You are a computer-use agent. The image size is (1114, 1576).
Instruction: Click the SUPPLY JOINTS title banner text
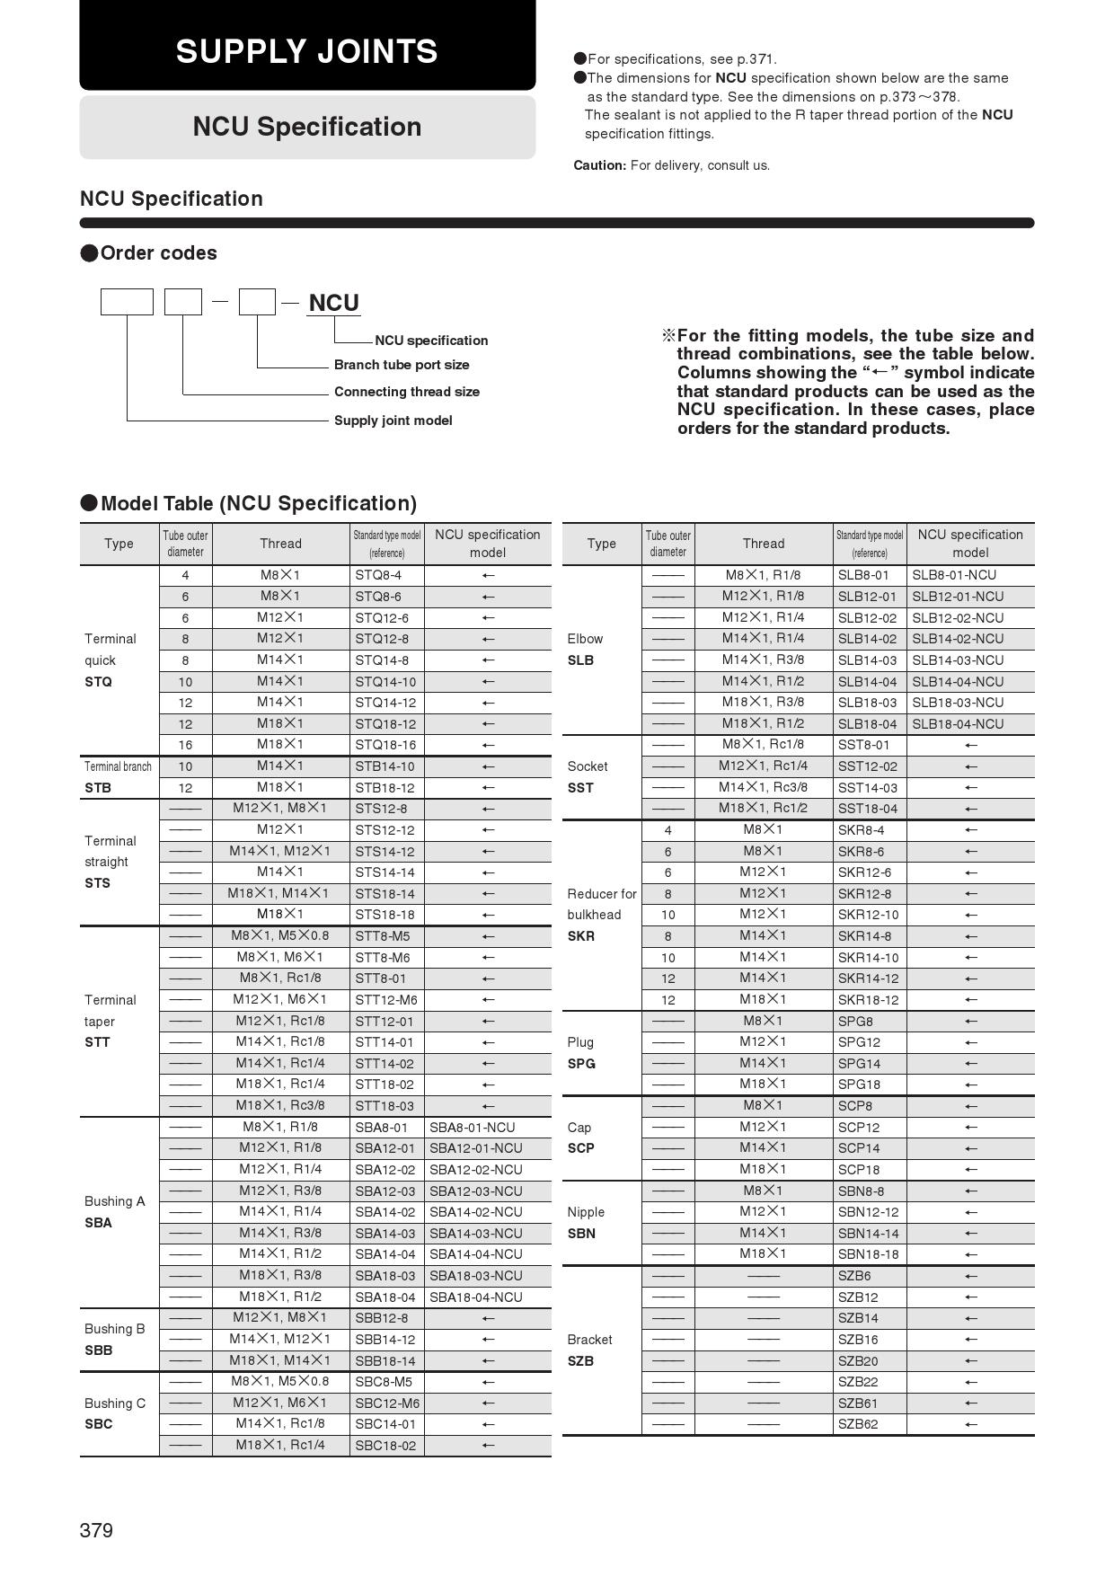point(306,51)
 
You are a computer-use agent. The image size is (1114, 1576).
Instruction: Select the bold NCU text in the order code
point(333,304)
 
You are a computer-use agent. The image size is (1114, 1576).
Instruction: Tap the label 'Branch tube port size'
point(402,365)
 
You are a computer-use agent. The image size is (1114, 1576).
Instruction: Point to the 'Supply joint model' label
point(393,421)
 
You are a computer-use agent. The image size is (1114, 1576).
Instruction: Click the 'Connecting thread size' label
point(406,392)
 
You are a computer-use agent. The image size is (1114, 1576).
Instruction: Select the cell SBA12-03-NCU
point(475,1191)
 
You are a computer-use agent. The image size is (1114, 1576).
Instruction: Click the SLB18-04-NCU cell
point(958,724)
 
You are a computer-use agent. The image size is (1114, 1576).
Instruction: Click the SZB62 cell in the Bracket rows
point(858,1424)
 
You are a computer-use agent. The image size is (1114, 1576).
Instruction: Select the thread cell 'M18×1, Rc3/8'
point(280,1106)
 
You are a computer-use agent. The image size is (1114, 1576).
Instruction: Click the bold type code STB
point(98,788)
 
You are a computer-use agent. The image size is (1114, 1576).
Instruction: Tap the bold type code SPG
point(581,1064)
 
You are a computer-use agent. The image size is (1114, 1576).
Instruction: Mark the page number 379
point(96,1530)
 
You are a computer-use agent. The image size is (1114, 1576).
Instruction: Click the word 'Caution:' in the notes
point(599,165)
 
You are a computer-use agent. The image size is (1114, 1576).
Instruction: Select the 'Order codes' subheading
point(158,253)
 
